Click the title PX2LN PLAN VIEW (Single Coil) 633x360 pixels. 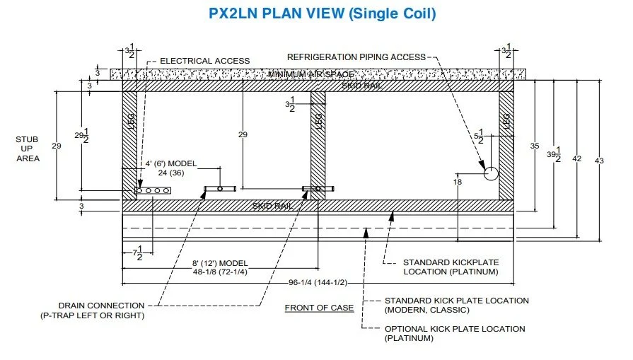coord(323,13)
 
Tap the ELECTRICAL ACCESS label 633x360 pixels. coord(195,61)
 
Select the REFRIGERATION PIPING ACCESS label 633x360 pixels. coord(356,57)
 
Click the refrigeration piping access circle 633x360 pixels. coord(491,173)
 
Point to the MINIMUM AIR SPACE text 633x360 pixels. coord(311,74)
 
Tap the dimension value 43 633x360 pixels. coord(599,161)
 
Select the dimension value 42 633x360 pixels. coord(576,159)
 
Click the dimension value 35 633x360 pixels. coord(535,146)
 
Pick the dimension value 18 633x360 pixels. coord(457,182)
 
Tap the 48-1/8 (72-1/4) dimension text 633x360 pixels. coord(220,272)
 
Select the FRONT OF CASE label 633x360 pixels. coord(319,308)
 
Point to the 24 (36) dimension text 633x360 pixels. coord(171,172)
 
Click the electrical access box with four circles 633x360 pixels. coord(153,190)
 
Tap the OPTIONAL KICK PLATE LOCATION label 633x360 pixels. coord(455,329)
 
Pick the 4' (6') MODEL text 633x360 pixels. coord(171,163)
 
